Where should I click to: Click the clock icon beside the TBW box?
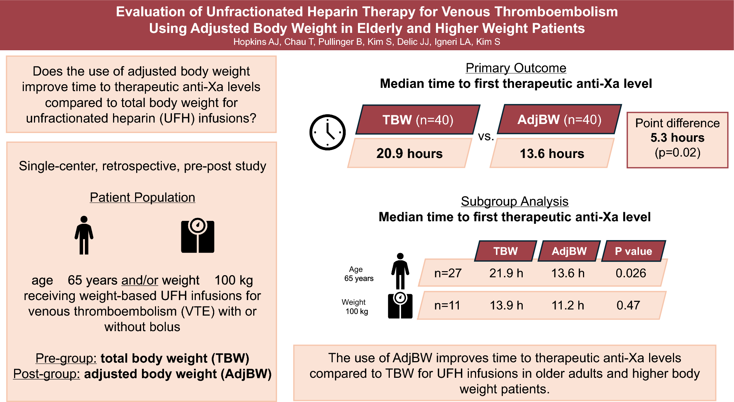(327, 132)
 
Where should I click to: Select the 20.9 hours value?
(409, 153)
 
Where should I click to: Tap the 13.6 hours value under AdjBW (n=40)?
(552, 154)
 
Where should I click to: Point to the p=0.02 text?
(678, 153)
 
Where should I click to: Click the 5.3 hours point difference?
(678, 138)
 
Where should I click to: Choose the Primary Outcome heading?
(516, 68)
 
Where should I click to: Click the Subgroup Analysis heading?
(515, 201)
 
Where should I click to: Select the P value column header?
(634, 251)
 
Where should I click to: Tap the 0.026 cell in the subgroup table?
(631, 273)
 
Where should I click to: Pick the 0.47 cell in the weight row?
(628, 305)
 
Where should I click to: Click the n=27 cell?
(448, 273)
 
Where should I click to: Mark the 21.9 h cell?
(506, 273)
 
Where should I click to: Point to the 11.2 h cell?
(568, 305)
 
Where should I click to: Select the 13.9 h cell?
(506, 305)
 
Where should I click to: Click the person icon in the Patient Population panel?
(84, 235)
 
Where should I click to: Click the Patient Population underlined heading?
(142, 197)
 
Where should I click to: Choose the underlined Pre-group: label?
(66, 358)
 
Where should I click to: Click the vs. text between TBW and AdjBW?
(486, 136)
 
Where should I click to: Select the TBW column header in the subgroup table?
(506, 251)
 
